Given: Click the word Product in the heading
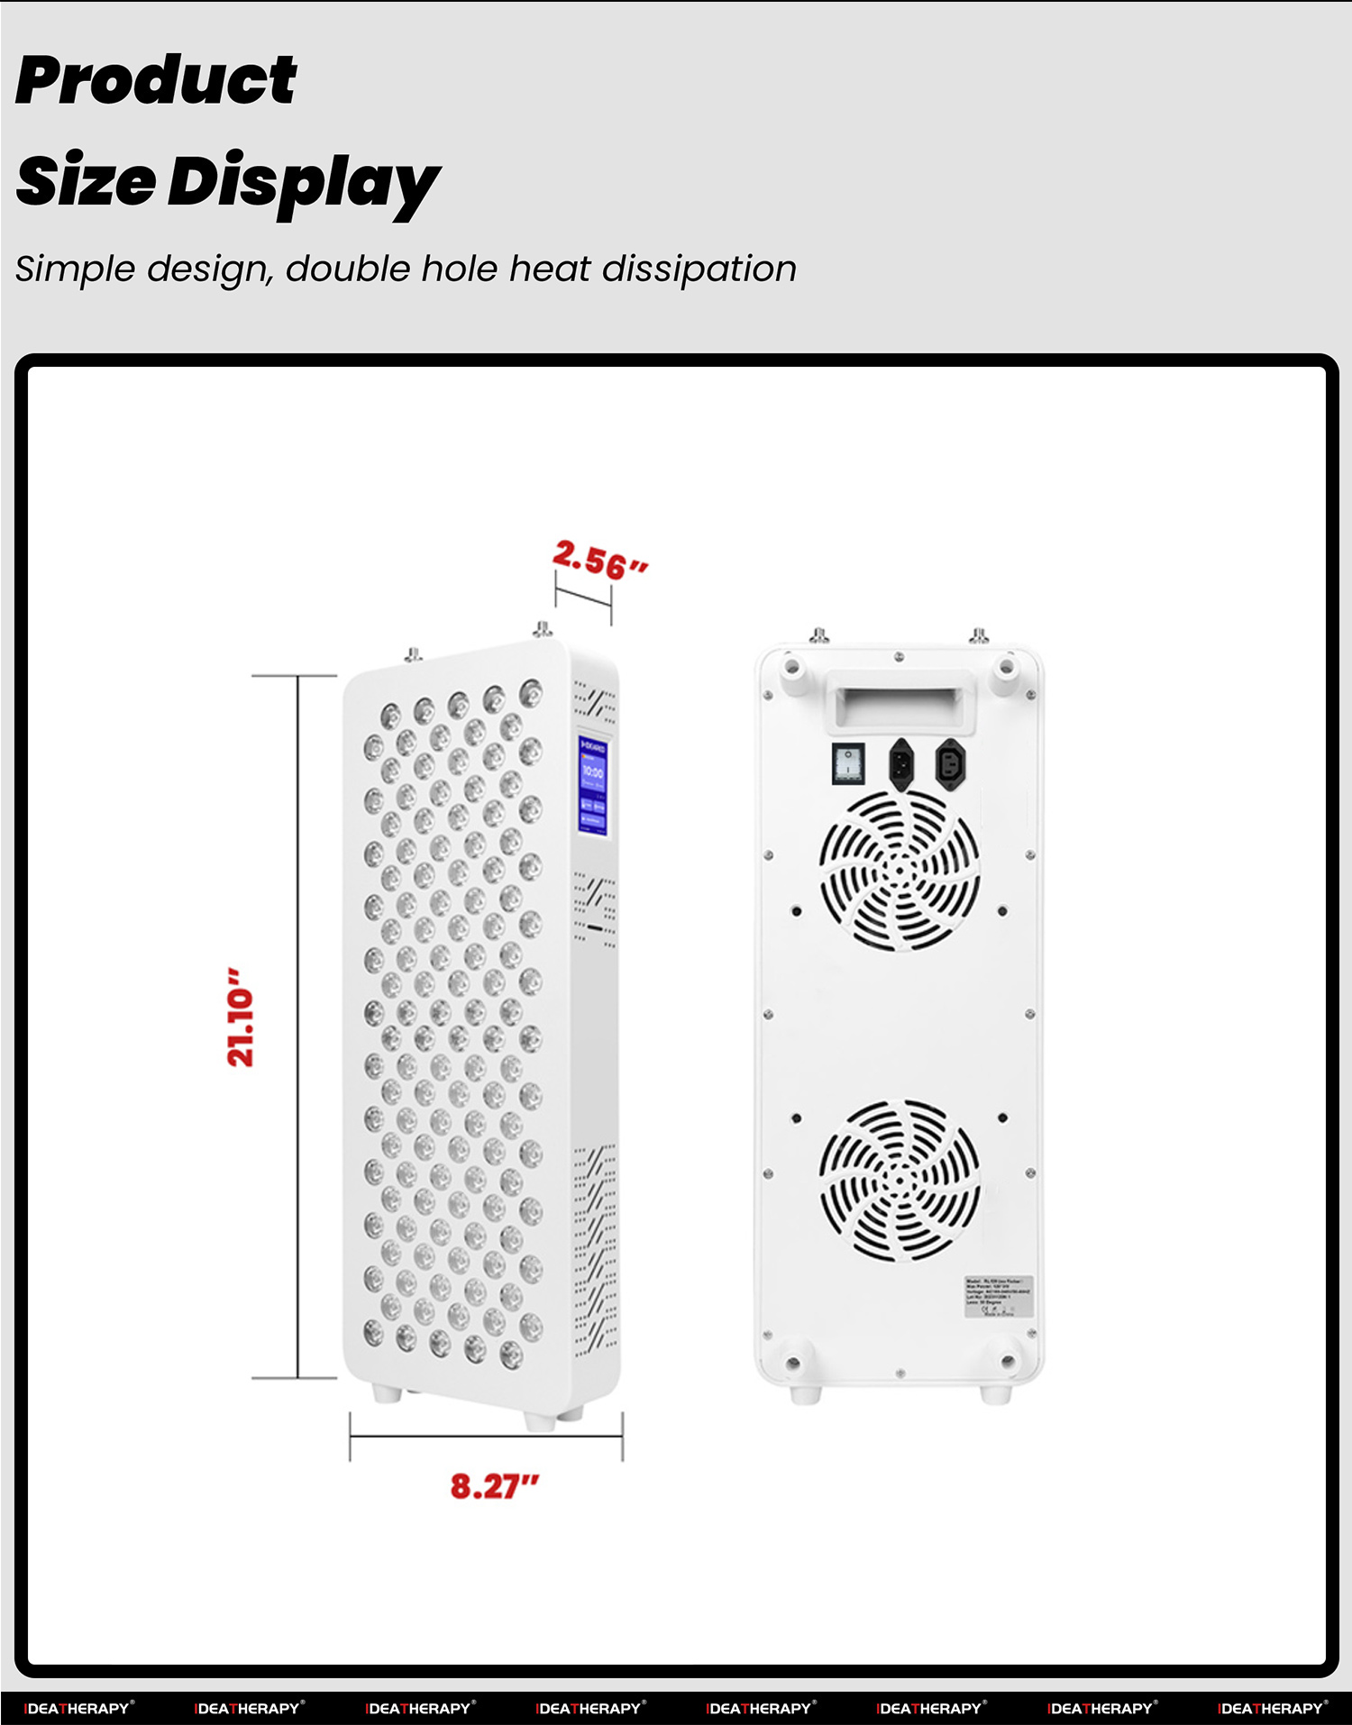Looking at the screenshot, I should click(156, 81).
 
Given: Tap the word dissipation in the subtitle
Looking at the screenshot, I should click(699, 269).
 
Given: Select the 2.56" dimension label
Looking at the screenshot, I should click(599, 561).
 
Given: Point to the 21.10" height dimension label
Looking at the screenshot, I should click(241, 1018).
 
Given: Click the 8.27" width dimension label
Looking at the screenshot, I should click(494, 1486).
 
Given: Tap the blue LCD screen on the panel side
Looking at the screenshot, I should click(592, 784).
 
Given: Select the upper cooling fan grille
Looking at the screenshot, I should click(899, 871).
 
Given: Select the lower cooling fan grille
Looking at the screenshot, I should click(899, 1180).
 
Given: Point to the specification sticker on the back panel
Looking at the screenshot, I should click(998, 1297).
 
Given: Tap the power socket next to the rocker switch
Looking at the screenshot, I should click(902, 764).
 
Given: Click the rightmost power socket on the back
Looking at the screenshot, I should click(950, 764).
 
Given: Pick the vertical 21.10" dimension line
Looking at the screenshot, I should click(297, 1027).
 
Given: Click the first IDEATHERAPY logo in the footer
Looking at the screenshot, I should click(78, 1708).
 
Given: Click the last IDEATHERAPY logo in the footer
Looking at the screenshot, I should click(1272, 1708).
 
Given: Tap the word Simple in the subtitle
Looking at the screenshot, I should click(75, 269).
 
